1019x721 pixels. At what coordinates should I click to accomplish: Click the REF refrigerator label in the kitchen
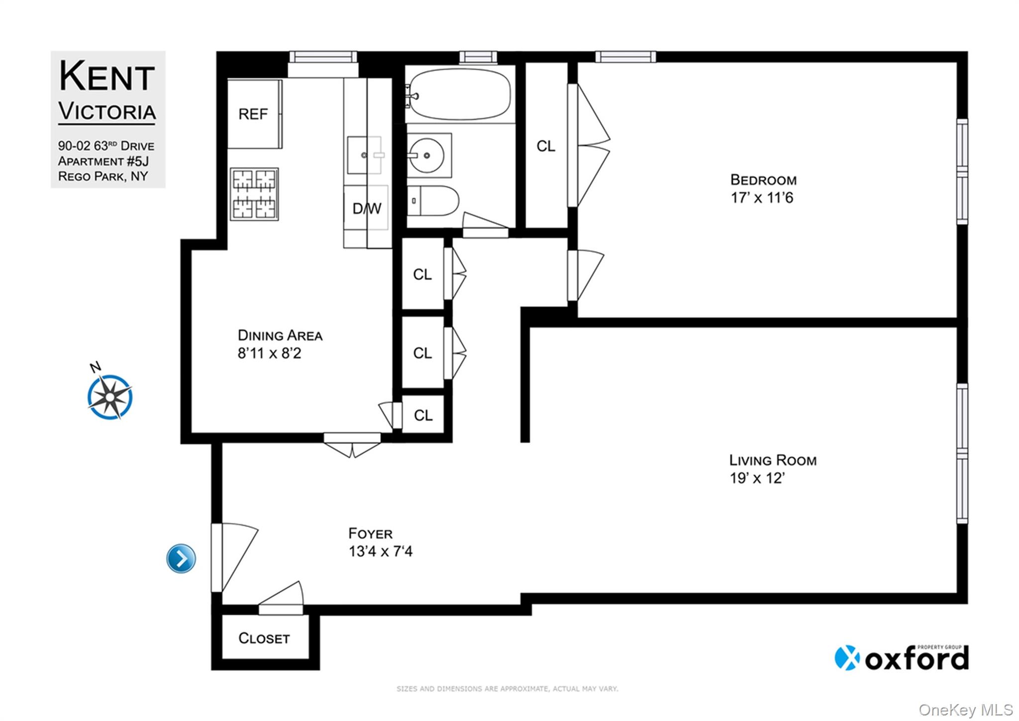(253, 115)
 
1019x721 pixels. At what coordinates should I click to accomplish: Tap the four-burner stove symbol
(254, 194)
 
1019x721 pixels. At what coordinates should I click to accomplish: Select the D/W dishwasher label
(367, 209)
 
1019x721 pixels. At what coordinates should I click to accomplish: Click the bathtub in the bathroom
(459, 95)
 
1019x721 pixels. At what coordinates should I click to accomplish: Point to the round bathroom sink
(426, 155)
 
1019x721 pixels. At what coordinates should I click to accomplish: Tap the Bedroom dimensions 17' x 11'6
(761, 198)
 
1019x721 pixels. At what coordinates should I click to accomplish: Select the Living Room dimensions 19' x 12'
(757, 479)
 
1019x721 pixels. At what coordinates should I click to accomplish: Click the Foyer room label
(370, 534)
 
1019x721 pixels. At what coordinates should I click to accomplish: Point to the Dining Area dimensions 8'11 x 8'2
(269, 354)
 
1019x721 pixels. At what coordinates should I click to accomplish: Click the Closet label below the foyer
(264, 638)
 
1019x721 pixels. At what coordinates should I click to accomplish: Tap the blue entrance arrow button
(181, 558)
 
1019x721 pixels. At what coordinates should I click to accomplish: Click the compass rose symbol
(110, 397)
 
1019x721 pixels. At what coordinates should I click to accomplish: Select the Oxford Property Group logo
(901, 658)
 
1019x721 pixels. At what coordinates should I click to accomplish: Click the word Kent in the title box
(106, 77)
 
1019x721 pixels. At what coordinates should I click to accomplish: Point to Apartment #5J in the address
(103, 161)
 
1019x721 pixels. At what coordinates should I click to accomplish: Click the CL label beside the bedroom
(546, 146)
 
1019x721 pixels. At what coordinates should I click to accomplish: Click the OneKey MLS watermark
(965, 710)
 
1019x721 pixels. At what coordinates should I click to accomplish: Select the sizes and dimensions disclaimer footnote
(507, 689)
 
